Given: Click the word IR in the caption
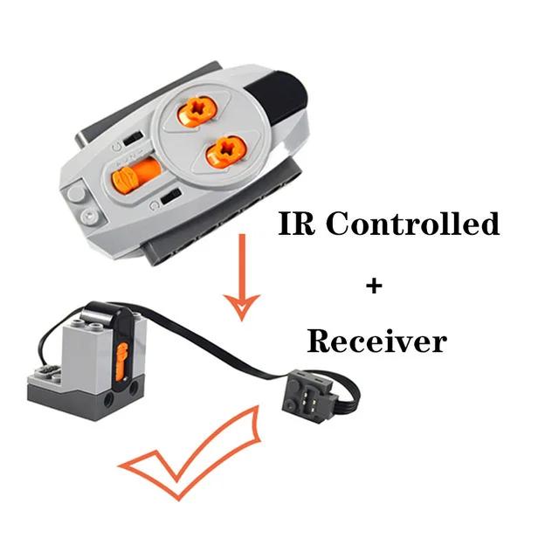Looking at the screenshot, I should point(298,224).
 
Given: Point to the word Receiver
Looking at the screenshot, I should point(376,341).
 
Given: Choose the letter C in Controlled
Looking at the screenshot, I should point(339,224).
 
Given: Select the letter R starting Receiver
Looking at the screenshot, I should point(318,341).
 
